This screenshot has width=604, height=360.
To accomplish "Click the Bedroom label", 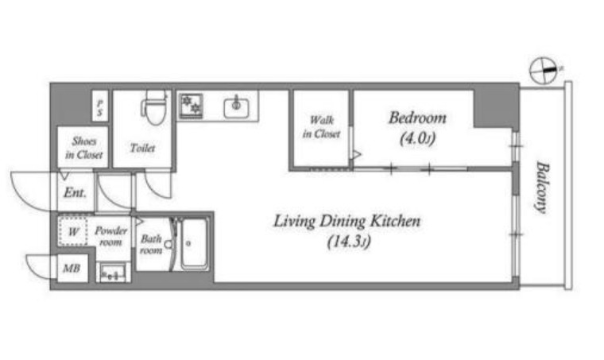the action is coord(417,118).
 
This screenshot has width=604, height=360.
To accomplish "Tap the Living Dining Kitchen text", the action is coord(347,222).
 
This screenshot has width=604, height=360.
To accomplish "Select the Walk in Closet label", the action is coord(321,127).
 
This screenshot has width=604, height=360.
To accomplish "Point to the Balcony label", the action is coord(542,188).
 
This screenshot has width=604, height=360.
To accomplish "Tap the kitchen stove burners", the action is coord(192,105).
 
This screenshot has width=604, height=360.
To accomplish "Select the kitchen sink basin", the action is coord(236,106).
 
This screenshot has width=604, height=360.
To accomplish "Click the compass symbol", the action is coord(543,71).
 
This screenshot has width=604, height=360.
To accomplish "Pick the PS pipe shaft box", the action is coord(100,106).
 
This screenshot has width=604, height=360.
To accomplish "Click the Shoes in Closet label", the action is coord(83,148).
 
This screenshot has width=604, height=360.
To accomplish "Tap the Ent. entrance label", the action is coord(75,192).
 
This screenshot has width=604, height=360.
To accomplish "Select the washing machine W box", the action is coord(73,231).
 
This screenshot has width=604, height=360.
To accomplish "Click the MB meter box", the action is coord(72,268).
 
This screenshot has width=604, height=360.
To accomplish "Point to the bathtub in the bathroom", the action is coord(194,244).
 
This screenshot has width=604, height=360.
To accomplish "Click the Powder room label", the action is coord(110,236).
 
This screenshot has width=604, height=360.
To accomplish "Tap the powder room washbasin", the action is coord(113,273).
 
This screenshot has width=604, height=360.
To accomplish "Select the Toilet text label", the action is coord(142,148).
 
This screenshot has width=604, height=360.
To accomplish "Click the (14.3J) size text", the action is coord(349,242).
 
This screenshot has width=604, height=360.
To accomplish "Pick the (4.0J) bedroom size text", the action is coord(417,138).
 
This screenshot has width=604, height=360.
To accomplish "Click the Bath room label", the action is coord(151,245).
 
